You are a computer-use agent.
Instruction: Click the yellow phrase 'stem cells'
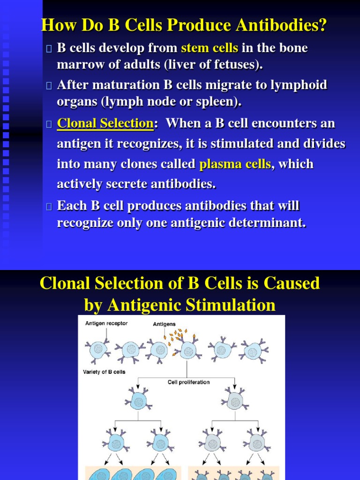tap(210, 48)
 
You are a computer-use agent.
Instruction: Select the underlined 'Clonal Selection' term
tap(105, 124)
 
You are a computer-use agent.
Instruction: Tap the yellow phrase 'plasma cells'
tap(235, 165)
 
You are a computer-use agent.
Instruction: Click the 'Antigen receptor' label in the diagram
tap(106, 323)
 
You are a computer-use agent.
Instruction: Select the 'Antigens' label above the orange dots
tap(165, 324)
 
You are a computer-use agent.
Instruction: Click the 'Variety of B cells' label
tap(104, 372)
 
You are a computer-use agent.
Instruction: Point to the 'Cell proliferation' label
tap(189, 382)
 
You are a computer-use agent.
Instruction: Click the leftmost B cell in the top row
tap(98, 349)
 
